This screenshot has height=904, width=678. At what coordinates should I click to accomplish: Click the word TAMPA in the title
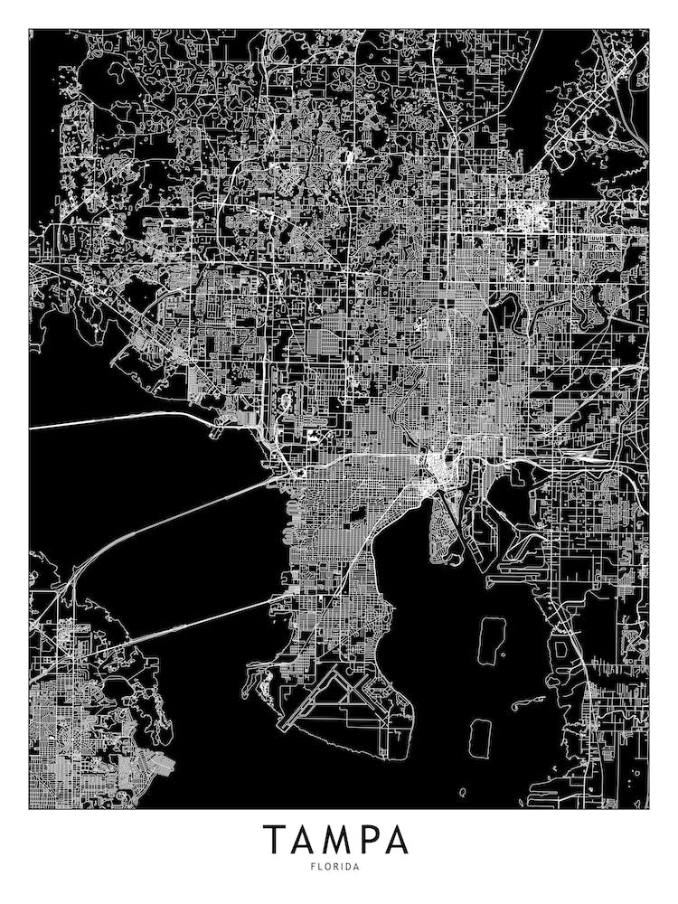coord(336,840)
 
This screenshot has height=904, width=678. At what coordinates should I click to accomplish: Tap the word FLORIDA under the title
coord(337,867)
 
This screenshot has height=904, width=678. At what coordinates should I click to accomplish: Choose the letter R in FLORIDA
coord(337,867)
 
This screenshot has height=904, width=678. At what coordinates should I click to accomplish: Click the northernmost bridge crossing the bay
coord(118,421)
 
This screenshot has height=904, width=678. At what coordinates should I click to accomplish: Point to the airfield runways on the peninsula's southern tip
coord(334,701)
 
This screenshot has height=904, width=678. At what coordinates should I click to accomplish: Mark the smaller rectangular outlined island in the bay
coord(480,736)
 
